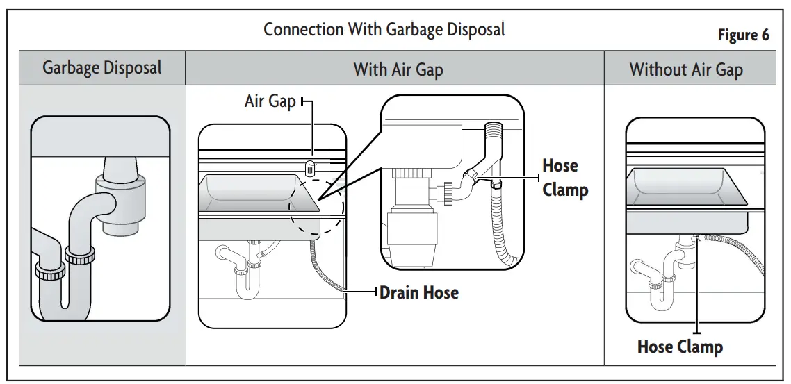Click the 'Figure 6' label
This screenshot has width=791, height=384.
tap(743, 35)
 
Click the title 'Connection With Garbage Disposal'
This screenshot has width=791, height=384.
tap(384, 29)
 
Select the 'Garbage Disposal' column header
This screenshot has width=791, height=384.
tap(101, 68)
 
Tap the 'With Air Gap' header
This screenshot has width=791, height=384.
tap(398, 69)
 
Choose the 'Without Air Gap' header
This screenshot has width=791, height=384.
tap(685, 69)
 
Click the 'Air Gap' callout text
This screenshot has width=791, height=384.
tap(270, 101)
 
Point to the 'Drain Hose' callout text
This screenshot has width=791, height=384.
tap(418, 292)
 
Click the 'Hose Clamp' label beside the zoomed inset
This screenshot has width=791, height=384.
tap(564, 178)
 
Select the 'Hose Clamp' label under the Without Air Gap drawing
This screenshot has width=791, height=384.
tap(679, 347)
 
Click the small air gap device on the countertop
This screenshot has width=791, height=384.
tap(311, 167)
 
